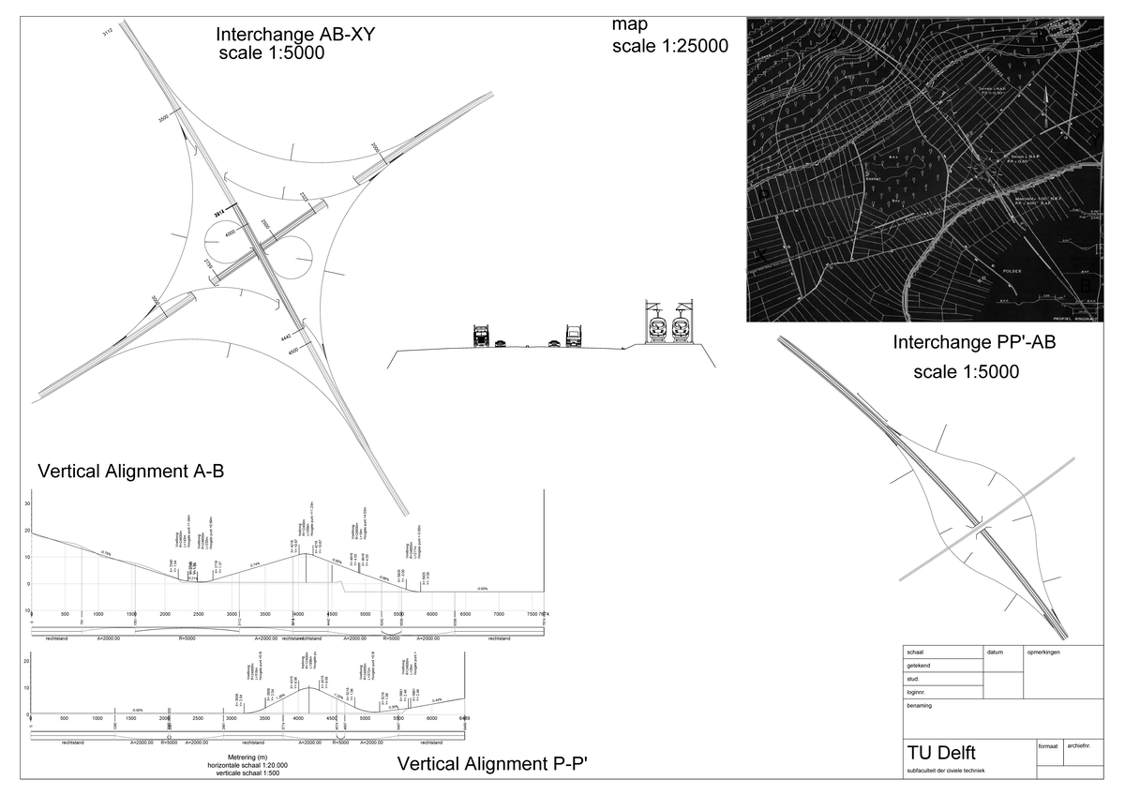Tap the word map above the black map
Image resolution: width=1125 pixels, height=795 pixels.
(629, 22)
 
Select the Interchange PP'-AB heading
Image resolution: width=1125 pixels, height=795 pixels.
(975, 343)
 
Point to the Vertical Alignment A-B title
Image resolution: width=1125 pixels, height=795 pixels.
(130, 472)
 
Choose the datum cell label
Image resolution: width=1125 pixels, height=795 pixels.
(995, 651)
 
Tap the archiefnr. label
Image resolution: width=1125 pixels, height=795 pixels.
(1085, 747)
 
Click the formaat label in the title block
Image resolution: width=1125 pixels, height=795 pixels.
(1049, 747)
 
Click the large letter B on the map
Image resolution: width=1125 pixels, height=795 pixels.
(1087, 282)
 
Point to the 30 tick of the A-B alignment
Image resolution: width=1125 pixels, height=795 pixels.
(27, 503)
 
